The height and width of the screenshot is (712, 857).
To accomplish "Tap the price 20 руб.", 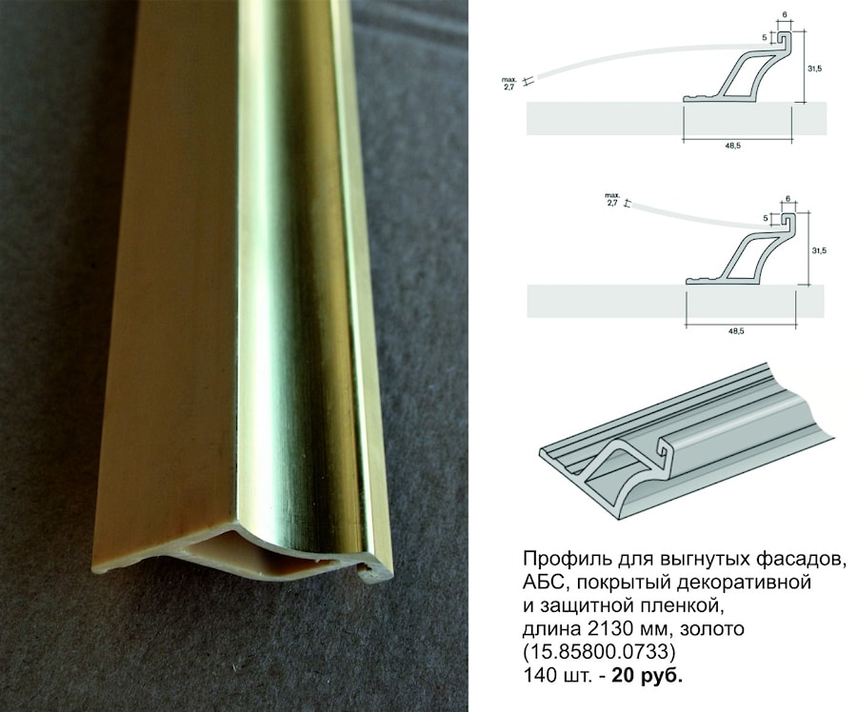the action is (x=648, y=676).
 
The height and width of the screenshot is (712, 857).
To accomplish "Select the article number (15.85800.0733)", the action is (x=600, y=652).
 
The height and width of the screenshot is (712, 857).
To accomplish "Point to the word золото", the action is (x=711, y=629).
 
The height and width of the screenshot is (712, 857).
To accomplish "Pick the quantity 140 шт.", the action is (x=557, y=676).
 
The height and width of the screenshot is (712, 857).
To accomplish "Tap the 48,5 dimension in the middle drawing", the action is (x=736, y=330).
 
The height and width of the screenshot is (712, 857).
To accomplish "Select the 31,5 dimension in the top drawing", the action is (x=815, y=69).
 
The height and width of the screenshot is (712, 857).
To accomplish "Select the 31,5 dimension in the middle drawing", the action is (x=819, y=250).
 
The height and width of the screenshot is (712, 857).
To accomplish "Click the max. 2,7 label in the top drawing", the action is (x=508, y=83).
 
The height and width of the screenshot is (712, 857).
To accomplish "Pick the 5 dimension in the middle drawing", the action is (x=766, y=219).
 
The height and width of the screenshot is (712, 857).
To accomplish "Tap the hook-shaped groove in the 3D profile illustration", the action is (x=666, y=449).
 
